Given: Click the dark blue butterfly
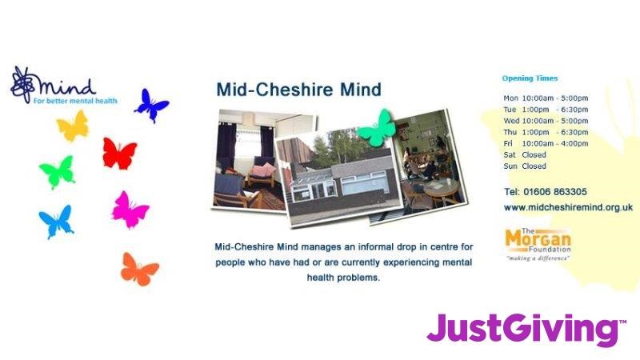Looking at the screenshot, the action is pos(150,106).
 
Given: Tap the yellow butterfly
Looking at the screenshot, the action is pos(74,126).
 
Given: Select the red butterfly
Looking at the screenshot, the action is pos(119,154).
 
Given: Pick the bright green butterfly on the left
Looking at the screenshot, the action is pos(58,172).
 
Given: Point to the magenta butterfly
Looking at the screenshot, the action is pos(130,210).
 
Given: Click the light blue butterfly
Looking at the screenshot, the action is pos(56,222).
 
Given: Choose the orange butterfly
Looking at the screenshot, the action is pos(139,270).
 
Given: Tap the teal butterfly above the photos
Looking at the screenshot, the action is pos(377,129).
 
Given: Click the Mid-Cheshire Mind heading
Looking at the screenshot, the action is pos(298,90).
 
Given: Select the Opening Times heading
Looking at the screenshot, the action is pos(530,78).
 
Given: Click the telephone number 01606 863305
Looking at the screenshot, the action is pos(555,192).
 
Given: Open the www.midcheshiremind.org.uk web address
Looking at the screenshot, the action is pos(568,207).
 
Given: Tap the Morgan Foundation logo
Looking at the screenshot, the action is pos(538,245).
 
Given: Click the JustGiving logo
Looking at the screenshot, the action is pos(526,330).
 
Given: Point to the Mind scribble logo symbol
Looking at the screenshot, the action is pos(23,85).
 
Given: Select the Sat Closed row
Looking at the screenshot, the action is pos(525,154).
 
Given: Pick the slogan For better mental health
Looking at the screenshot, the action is pos(75,101).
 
